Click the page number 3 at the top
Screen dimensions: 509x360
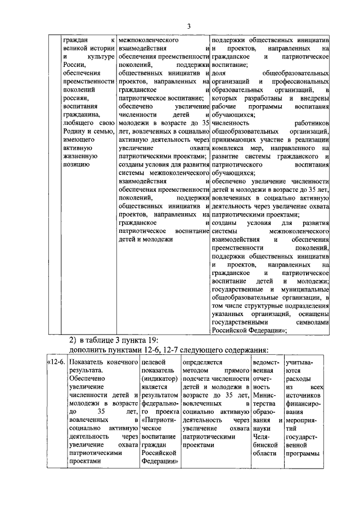189,26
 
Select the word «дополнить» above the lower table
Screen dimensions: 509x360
87,351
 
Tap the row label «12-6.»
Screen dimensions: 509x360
55,363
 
